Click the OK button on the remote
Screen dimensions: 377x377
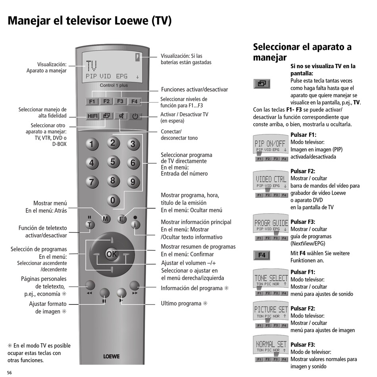(112, 255)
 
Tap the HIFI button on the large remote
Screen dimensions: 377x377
(92, 116)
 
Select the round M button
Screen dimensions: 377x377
(105, 218)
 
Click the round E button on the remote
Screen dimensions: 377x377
(121, 219)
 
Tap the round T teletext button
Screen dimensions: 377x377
(90, 224)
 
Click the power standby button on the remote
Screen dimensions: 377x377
(135, 116)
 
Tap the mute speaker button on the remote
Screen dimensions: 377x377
(121, 116)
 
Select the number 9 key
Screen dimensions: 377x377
(133, 182)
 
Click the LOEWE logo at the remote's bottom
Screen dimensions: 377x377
(111, 356)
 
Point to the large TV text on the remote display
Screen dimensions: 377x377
(91, 66)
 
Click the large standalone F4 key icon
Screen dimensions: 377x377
(262, 255)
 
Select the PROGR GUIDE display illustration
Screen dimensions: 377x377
(271, 225)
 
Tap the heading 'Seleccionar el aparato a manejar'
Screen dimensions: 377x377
(302, 52)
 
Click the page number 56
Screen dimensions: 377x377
(10, 373)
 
